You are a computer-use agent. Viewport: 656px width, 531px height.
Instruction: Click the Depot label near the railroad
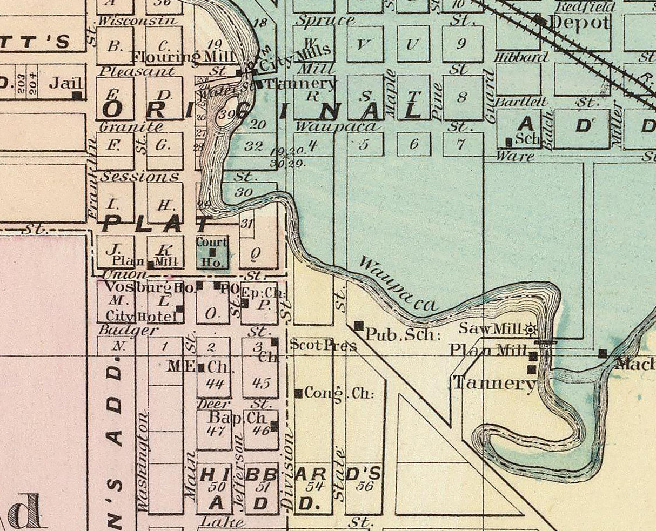pos(580,23)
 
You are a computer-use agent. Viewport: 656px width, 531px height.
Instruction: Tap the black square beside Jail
pos(77,96)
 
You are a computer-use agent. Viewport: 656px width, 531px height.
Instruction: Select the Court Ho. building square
pos(212,252)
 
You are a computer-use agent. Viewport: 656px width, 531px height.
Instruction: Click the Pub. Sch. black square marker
pos(358,326)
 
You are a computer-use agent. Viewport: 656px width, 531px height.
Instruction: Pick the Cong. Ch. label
pos(339,393)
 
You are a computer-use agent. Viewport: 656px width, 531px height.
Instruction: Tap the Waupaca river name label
pos(397,285)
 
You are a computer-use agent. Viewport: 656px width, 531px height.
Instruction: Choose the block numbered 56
pos(365,486)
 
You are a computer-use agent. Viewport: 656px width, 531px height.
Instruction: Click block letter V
pos(363,44)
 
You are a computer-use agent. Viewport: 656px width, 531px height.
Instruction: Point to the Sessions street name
pos(140,177)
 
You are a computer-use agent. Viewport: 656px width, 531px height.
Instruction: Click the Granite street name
pos(132,127)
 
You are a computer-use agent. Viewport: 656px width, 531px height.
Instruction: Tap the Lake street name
pos(222,522)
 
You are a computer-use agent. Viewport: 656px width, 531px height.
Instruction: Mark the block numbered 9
pos(461,44)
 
